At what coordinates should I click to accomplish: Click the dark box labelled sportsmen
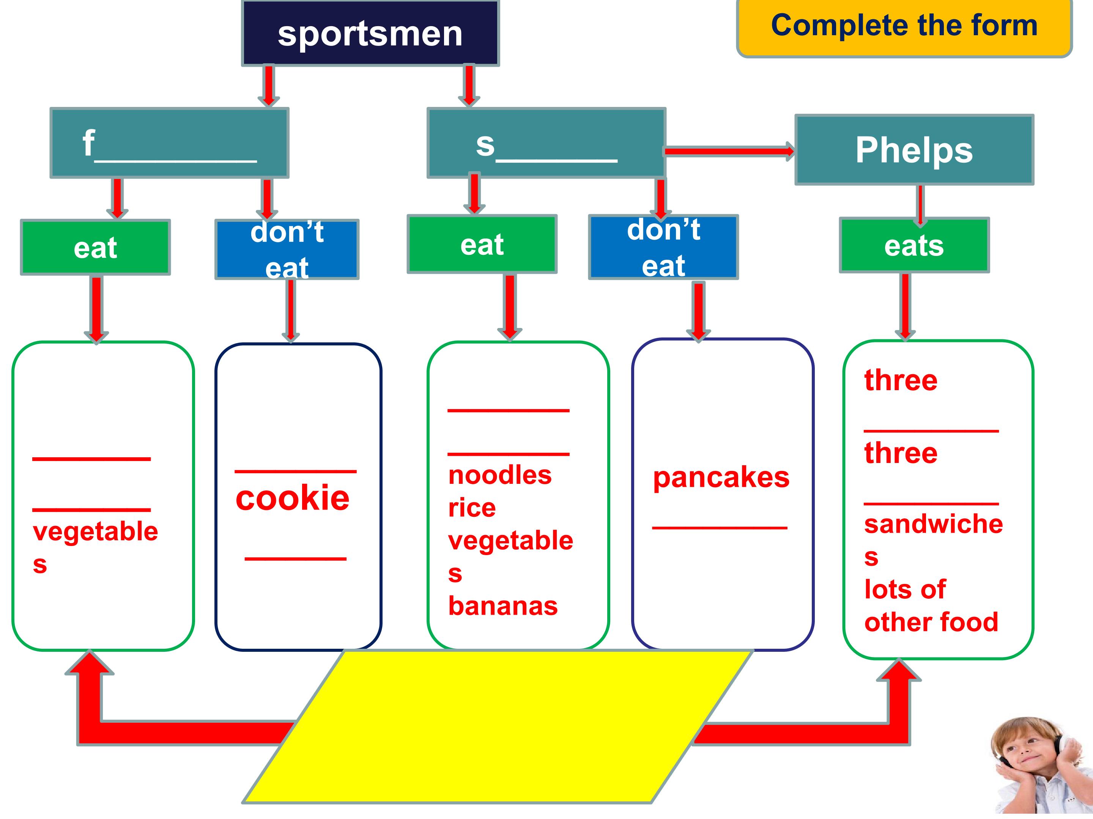click(370, 33)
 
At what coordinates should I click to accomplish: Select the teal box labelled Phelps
click(914, 150)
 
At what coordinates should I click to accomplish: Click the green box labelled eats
click(914, 245)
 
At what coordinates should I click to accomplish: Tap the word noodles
click(499, 475)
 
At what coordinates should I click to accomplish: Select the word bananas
click(502, 606)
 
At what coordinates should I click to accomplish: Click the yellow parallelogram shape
click(498, 726)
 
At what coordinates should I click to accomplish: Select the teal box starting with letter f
click(170, 143)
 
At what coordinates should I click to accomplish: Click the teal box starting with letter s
click(546, 143)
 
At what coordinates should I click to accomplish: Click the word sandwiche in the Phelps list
click(933, 524)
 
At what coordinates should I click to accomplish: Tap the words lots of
click(905, 590)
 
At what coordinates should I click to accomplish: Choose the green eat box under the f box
click(95, 247)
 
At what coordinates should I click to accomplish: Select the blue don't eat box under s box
click(663, 247)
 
